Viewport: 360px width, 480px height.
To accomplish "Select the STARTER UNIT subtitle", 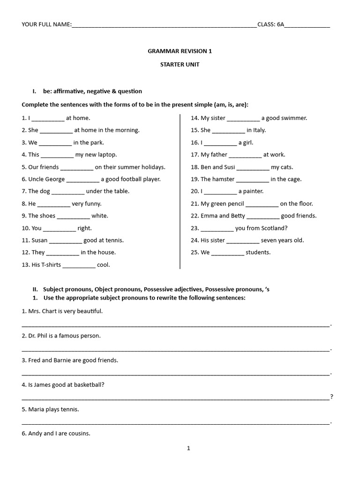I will [x=180, y=64].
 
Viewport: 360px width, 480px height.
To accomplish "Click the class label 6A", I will [x=280, y=24].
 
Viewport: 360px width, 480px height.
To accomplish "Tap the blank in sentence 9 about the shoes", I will [x=73, y=217].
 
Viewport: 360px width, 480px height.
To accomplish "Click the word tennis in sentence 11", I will [x=114, y=240].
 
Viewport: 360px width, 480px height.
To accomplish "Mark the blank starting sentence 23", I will [x=217, y=229].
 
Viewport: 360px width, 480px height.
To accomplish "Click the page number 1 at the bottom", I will [x=188, y=448].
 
